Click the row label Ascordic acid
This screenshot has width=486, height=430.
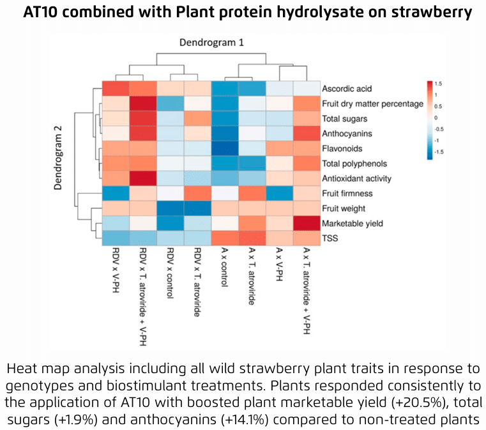coord(347,89)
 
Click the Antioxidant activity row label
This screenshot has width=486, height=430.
coord(357,179)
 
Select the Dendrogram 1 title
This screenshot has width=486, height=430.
coord(211,43)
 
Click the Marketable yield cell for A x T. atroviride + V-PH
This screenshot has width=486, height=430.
coord(305,224)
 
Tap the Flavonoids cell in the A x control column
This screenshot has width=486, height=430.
coord(225,149)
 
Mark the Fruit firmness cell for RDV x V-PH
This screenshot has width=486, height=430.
coord(116,194)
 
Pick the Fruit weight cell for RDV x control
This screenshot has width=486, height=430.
coord(170,209)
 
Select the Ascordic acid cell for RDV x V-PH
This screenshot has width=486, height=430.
coord(116,89)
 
